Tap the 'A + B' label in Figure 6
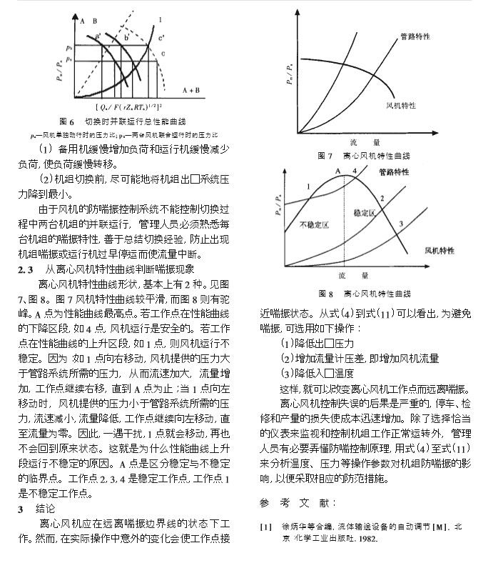[193, 91]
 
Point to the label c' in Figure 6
[162, 37]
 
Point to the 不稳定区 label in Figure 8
[313, 224]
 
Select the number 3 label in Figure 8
[401, 224]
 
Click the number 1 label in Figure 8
[307, 186]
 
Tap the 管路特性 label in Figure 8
[395, 172]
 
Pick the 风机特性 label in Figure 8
[440, 251]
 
